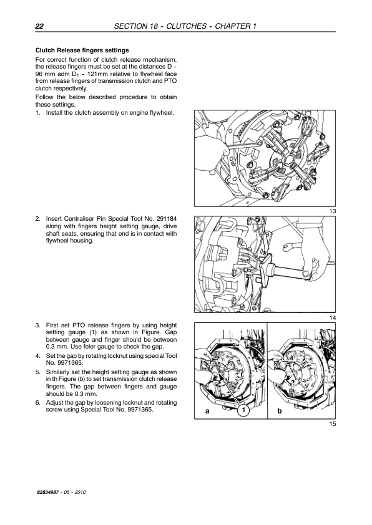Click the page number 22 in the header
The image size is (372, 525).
pyautogui.click(x=39, y=26)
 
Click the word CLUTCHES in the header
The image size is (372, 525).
pyautogui.click(x=187, y=26)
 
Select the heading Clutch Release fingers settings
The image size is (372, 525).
pyautogui.click(x=82, y=51)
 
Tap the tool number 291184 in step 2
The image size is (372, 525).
pyautogui.click(x=166, y=219)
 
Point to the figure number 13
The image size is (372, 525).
pyautogui.click(x=333, y=211)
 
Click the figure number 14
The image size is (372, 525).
pyautogui.click(x=333, y=318)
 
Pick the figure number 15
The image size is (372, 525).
pyautogui.click(x=333, y=424)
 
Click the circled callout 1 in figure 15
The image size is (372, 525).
pyautogui.click(x=243, y=410)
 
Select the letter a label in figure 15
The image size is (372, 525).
pyautogui.click(x=207, y=411)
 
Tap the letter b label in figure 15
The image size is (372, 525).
pyautogui.click(x=280, y=411)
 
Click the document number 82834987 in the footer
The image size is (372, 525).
pyautogui.click(x=48, y=492)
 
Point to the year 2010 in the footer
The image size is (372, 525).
pyautogui.click(x=80, y=492)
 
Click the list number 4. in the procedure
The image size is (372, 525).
pyautogui.click(x=38, y=356)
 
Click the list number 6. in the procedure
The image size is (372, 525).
pyautogui.click(x=38, y=402)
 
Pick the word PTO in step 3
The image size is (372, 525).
pyautogui.click(x=79, y=325)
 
